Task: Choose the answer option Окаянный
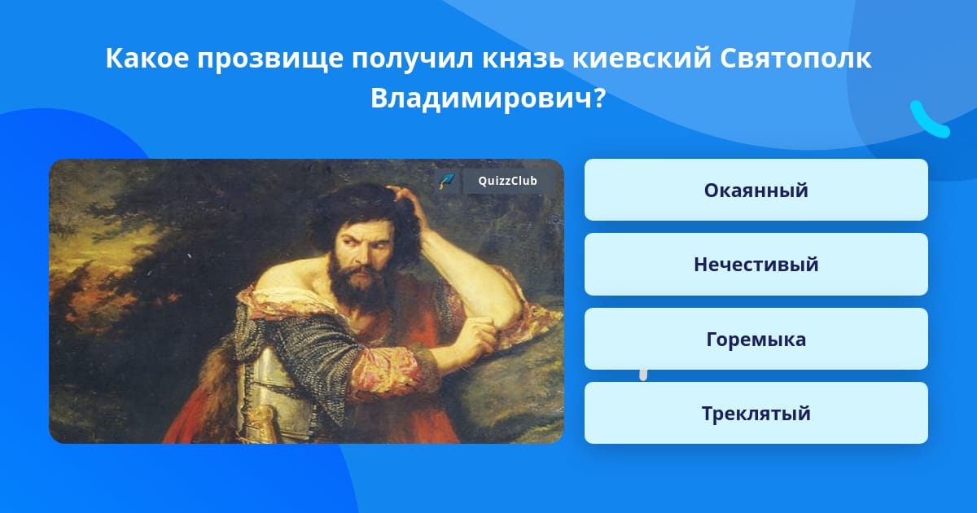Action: (x=756, y=190)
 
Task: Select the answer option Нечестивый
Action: (x=756, y=265)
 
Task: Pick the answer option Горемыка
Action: (x=756, y=339)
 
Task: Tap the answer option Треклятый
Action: (x=756, y=413)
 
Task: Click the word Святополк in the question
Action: (x=795, y=58)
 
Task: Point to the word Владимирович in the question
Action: (x=488, y=99)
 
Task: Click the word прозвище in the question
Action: (x=270, y=59)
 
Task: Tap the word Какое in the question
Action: (x=147, y=58)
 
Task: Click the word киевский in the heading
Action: (x=642, y=58)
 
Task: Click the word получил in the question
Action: (x=413, y=59)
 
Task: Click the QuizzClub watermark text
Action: (x=507, y=181)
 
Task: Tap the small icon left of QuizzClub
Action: (x=447, y=181)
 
